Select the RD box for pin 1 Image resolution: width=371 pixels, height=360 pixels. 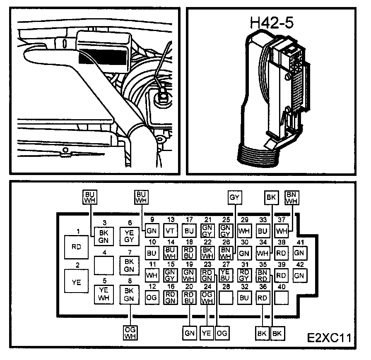coord(77,247)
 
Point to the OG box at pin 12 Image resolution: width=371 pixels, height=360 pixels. coord(152,297)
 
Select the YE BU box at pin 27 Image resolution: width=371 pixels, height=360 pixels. coord(225,275)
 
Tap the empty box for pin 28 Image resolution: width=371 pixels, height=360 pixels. coord(225,297)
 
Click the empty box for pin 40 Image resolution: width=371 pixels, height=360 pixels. coord(282,297)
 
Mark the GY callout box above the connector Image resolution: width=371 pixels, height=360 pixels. coord(234,198)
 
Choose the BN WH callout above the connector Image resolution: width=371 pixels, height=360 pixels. coord(292,198)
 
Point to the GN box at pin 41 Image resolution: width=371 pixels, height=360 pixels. coord(299,252)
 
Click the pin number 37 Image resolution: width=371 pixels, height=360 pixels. coord(282,219)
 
